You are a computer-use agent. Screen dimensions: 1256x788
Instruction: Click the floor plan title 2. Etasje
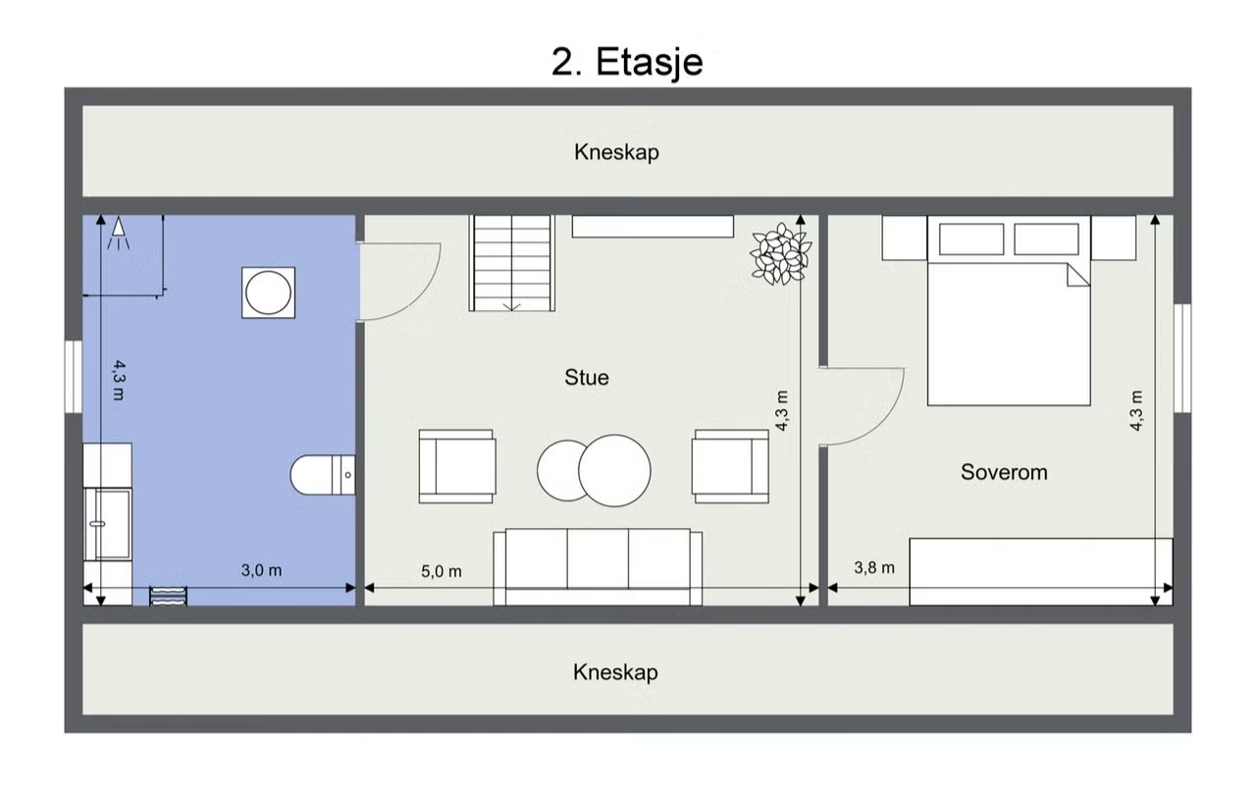coord(627,62)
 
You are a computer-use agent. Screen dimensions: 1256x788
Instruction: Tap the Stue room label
coord(587,378)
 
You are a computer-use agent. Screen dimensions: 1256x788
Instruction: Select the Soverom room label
coord(1004,472)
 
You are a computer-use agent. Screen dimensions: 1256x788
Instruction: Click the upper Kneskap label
coord(616,152)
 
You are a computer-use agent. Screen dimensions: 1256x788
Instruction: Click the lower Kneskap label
coord(615,672)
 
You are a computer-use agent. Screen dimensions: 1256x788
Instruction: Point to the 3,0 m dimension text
coord(261,570)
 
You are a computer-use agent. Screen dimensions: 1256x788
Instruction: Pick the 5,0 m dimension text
coord(442,571)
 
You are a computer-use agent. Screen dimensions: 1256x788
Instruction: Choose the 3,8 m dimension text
coord(874,567)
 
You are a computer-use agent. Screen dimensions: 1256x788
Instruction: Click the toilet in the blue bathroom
coord(323,475)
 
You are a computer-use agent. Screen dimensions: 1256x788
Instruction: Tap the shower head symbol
coord(119,233)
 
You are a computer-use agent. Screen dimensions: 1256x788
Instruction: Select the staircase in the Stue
coord(512,263)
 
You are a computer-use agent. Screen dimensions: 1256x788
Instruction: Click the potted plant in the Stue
coord(781,253)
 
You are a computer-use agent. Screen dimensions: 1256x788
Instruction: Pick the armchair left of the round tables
coord(457,467)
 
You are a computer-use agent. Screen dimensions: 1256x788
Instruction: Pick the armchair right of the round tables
coord(731,467)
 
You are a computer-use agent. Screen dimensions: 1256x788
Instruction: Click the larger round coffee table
coord(614,471)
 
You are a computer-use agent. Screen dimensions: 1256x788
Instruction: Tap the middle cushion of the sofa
coord(598,558)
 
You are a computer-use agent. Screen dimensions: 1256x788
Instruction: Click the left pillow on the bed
coord(971,238)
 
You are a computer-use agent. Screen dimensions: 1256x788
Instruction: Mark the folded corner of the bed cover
coord(1077,276)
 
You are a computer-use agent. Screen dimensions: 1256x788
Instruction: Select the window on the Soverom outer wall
coord(1182,358)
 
